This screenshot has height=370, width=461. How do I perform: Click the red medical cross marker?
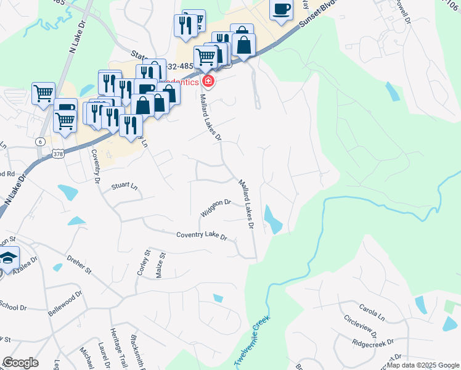[x=208, y=81]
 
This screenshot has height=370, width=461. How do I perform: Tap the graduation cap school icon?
[x=8, y=257]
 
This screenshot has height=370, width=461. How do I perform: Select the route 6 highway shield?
[x=40, y=141]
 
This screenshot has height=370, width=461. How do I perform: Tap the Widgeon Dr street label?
[x=215, y=207]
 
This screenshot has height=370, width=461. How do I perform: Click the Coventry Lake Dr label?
[x=202, y=236]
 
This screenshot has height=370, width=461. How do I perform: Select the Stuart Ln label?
[x=124, y=186]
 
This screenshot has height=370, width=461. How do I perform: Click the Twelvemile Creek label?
[x=253, y=341]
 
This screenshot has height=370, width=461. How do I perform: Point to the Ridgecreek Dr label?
[x=372, y=342]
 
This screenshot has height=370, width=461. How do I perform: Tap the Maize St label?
[x=160, y=264]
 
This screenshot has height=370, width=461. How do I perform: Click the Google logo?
[x=20, y=363]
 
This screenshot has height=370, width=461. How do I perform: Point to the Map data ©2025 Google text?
[x=422, y=365]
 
